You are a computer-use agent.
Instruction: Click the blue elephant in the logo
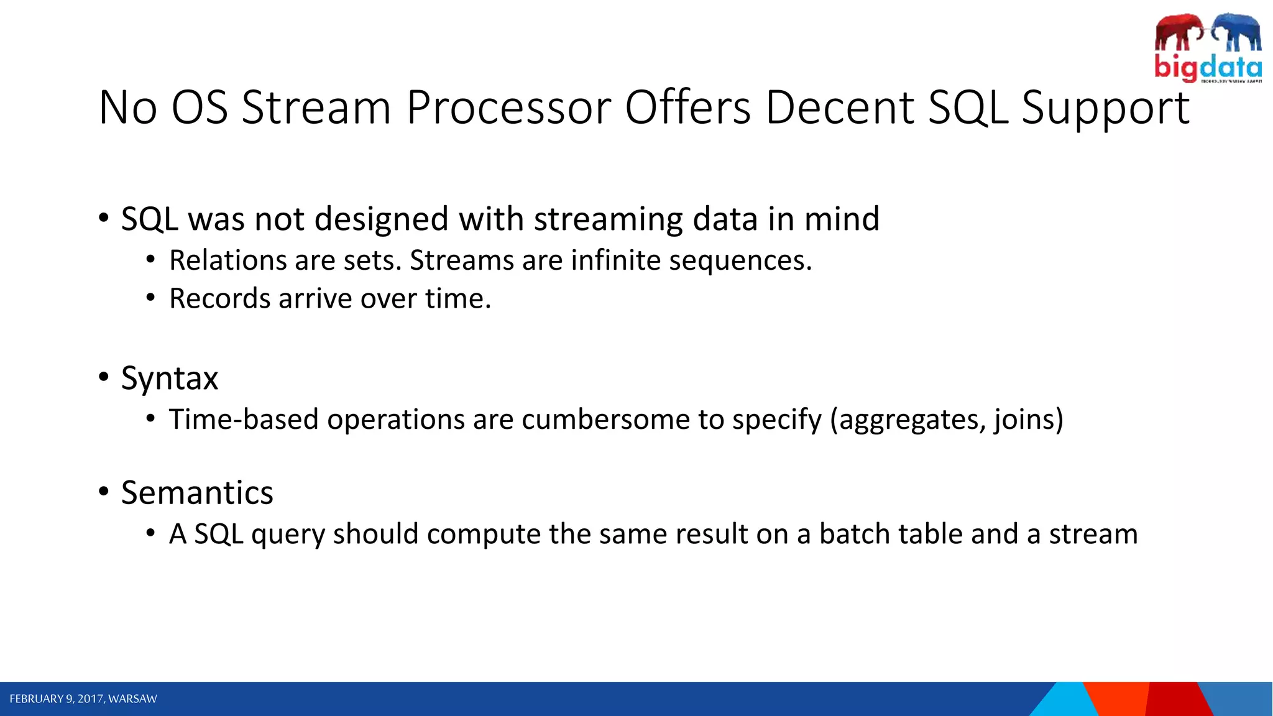(x=1237, y=32)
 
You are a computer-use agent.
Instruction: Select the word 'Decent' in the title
(x=839, y=108)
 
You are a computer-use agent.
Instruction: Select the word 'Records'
(x=219, y=299)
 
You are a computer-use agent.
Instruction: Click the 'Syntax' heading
(x=170, y=379)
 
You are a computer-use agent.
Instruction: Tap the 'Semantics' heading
(x=197, y=493)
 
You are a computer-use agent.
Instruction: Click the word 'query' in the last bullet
(x=288, y=535)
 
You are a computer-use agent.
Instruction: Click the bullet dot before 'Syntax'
(x=104, y=377)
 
